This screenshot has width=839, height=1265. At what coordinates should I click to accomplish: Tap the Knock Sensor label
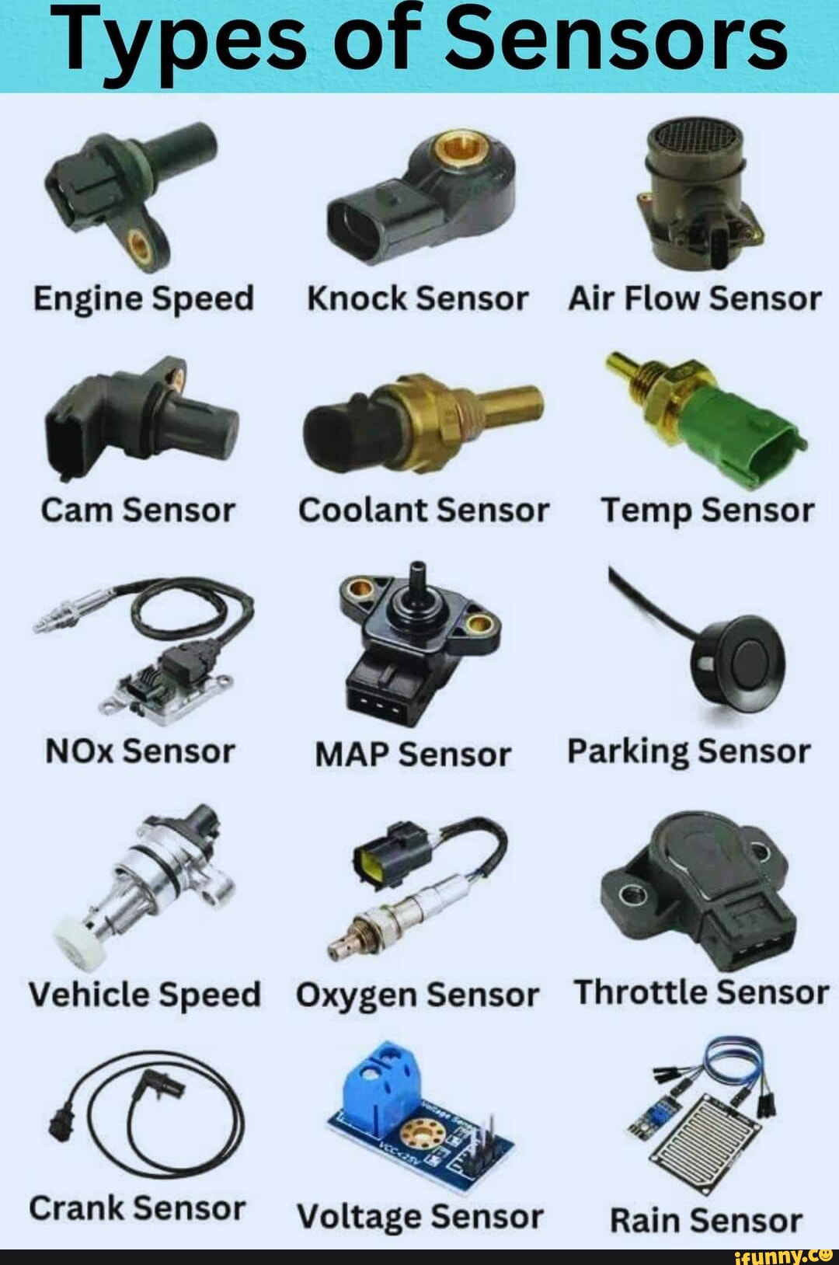[x=417, y=298]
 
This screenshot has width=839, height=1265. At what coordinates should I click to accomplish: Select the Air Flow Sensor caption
[x=695, y=298]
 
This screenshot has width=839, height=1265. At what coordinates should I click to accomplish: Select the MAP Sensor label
[x=413, y=754]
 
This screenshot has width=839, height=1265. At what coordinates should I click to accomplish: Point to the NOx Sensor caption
[x=140, y=751]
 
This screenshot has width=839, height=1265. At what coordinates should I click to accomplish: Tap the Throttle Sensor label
[x=701, y=992]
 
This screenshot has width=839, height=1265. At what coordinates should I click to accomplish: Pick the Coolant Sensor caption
[x=423, y=511]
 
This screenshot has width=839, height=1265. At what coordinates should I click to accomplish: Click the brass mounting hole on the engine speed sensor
[x=139, y=248]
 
